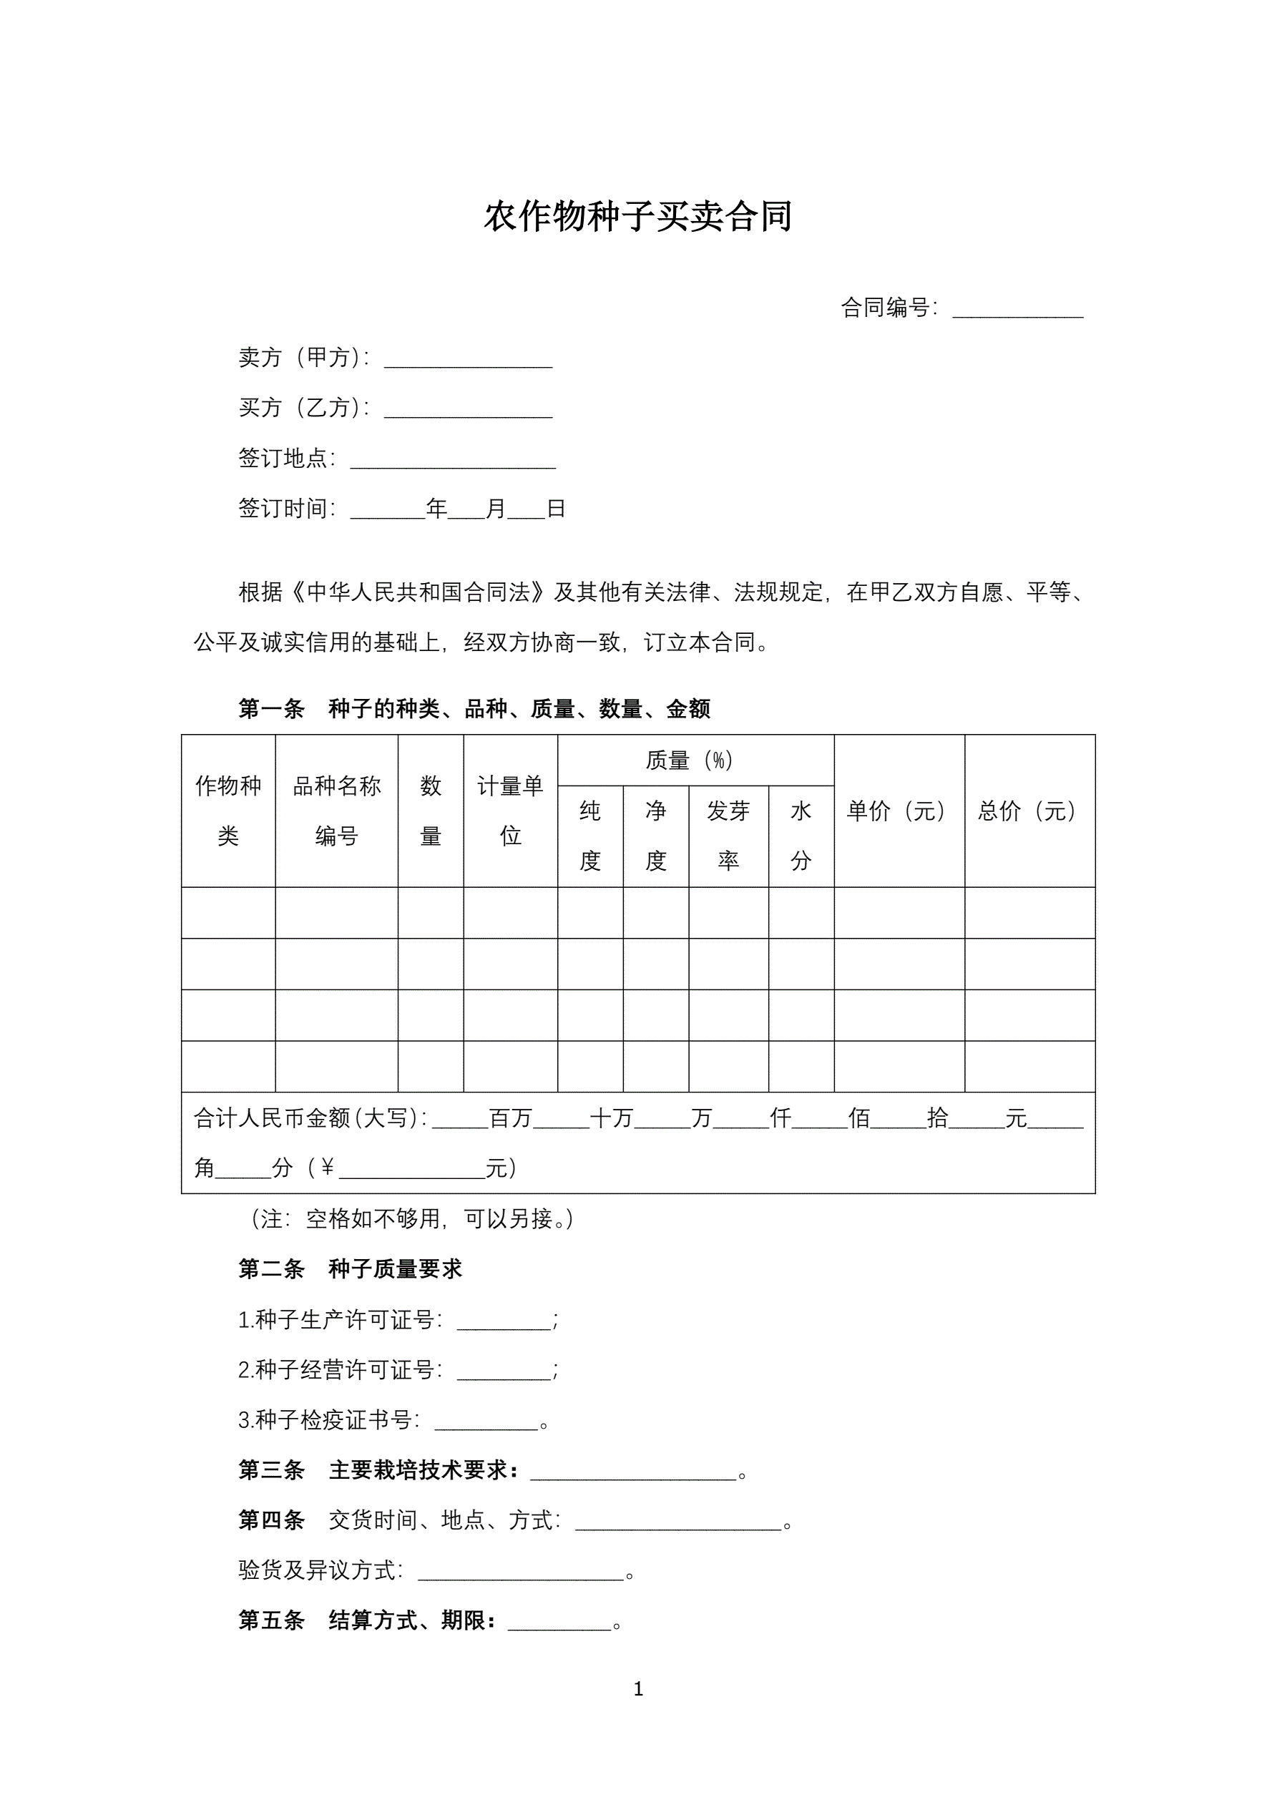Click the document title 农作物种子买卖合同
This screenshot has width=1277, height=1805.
click(637, 217)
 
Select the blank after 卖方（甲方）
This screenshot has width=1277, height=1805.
click(468, 360)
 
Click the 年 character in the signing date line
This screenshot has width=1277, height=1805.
click(436, 509)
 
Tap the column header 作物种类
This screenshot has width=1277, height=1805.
click(228, 811)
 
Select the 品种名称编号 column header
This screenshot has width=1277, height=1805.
click(336, 811)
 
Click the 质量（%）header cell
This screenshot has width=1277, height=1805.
click(689, 760)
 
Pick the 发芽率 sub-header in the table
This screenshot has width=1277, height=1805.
click(728, 836)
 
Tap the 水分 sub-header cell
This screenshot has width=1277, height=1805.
click(801, 836)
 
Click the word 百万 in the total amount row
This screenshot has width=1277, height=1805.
click(510, 1118)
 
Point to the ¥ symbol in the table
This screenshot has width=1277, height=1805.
click(327, 1168)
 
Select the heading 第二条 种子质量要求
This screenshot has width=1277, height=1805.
click(350, 1269)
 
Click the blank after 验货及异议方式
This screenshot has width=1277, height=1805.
click(520, 1572)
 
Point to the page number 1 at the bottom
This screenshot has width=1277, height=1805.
click(637, 1688)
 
